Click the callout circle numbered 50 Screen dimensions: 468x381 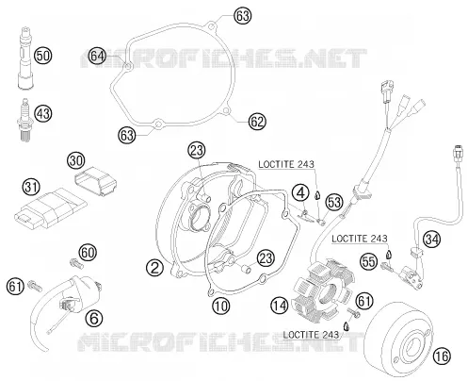click(42, 56)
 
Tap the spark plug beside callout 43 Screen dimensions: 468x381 click(24, 119)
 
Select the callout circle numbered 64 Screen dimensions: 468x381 click(97, 56)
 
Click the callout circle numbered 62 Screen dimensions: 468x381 click(257, 122)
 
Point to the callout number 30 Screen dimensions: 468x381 click(76, 160)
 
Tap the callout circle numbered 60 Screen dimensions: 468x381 click(88, 253)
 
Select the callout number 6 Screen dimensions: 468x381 click(94, 319)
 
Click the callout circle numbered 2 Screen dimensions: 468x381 click(154, 268)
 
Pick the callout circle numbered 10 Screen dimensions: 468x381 click(221, 305)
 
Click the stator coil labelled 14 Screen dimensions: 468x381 click(324, 290)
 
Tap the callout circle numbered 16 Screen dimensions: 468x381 click(442, 356)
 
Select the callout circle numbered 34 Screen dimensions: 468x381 click(431, 240)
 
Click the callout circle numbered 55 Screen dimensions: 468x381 click(368, 261)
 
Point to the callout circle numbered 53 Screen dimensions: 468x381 click(334, 202)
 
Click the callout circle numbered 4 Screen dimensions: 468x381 click(300, 192)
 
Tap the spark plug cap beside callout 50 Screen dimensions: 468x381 click(24, 58)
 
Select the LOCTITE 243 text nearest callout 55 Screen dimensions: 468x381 click(360, 239)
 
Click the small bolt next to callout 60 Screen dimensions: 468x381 click(76, 263)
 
